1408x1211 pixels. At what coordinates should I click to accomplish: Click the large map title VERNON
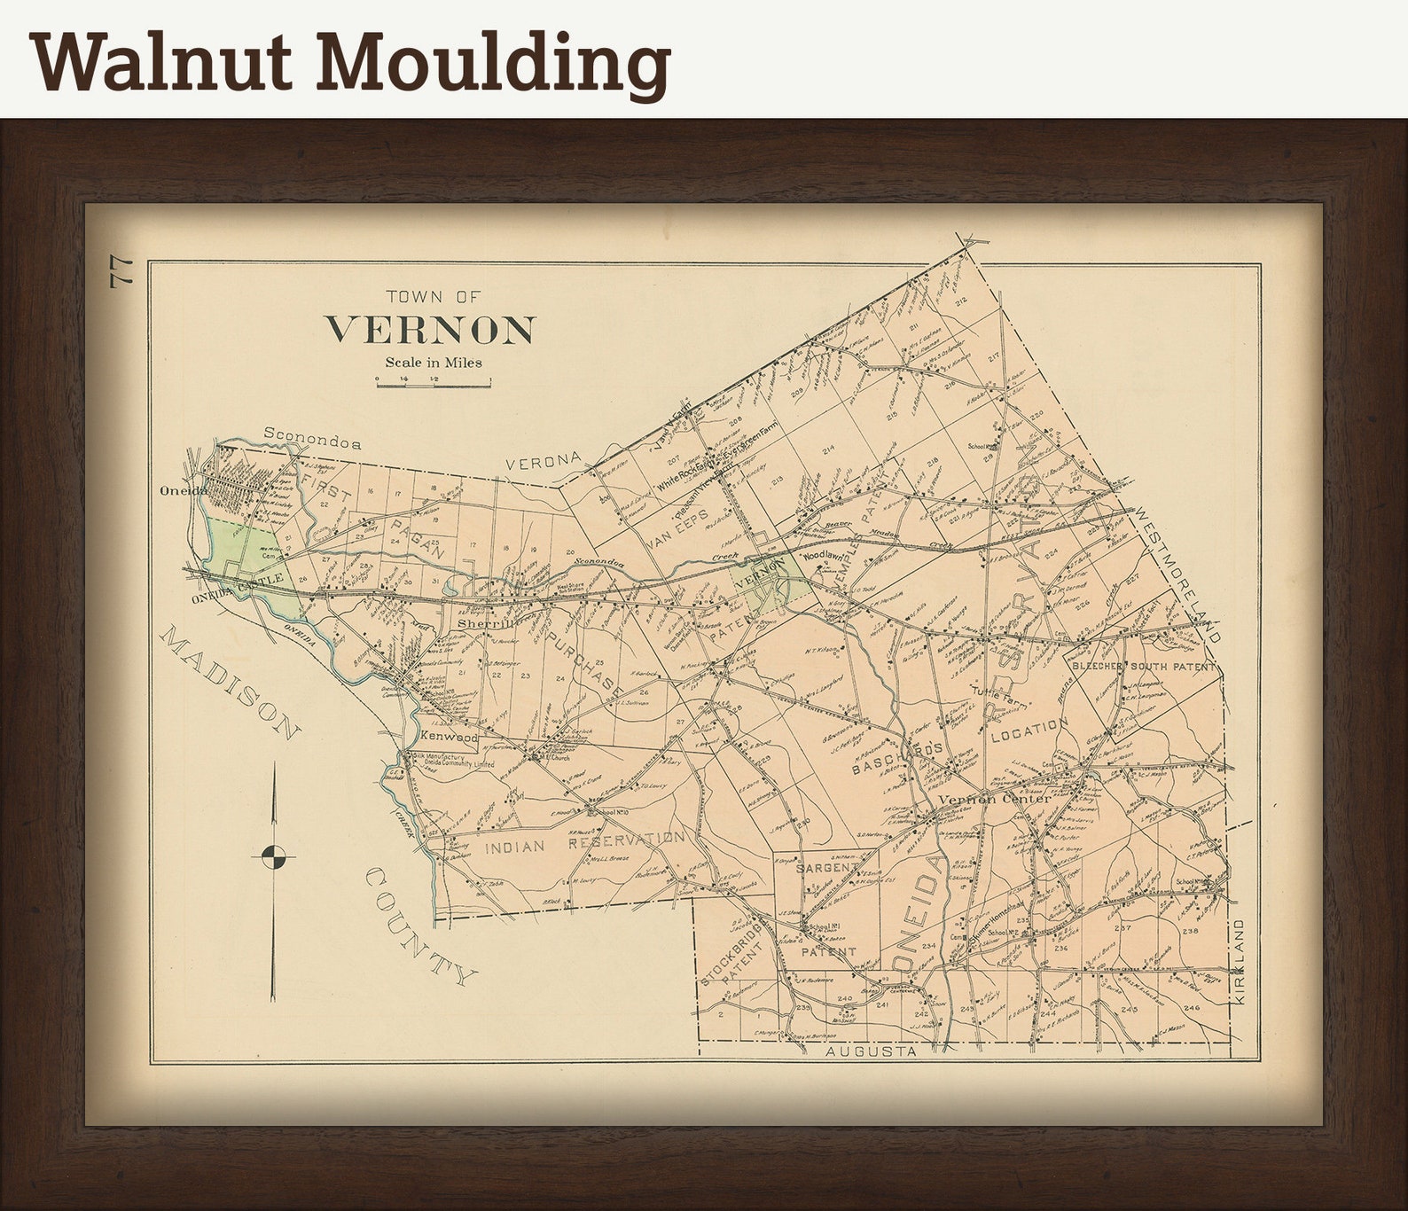[x=430, y=330]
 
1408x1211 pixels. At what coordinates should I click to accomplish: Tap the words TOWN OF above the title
[x=434, y=297]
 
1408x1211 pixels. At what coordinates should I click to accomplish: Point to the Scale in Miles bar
[x=433, y=382]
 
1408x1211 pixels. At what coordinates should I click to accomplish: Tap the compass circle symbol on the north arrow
[x=274, y=856]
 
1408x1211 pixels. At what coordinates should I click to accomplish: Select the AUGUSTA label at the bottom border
[x=870, y=1051]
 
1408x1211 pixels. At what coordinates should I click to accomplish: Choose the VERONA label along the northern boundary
[x=543, y=462]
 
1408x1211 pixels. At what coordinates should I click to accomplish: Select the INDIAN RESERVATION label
[x=584, y=843]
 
